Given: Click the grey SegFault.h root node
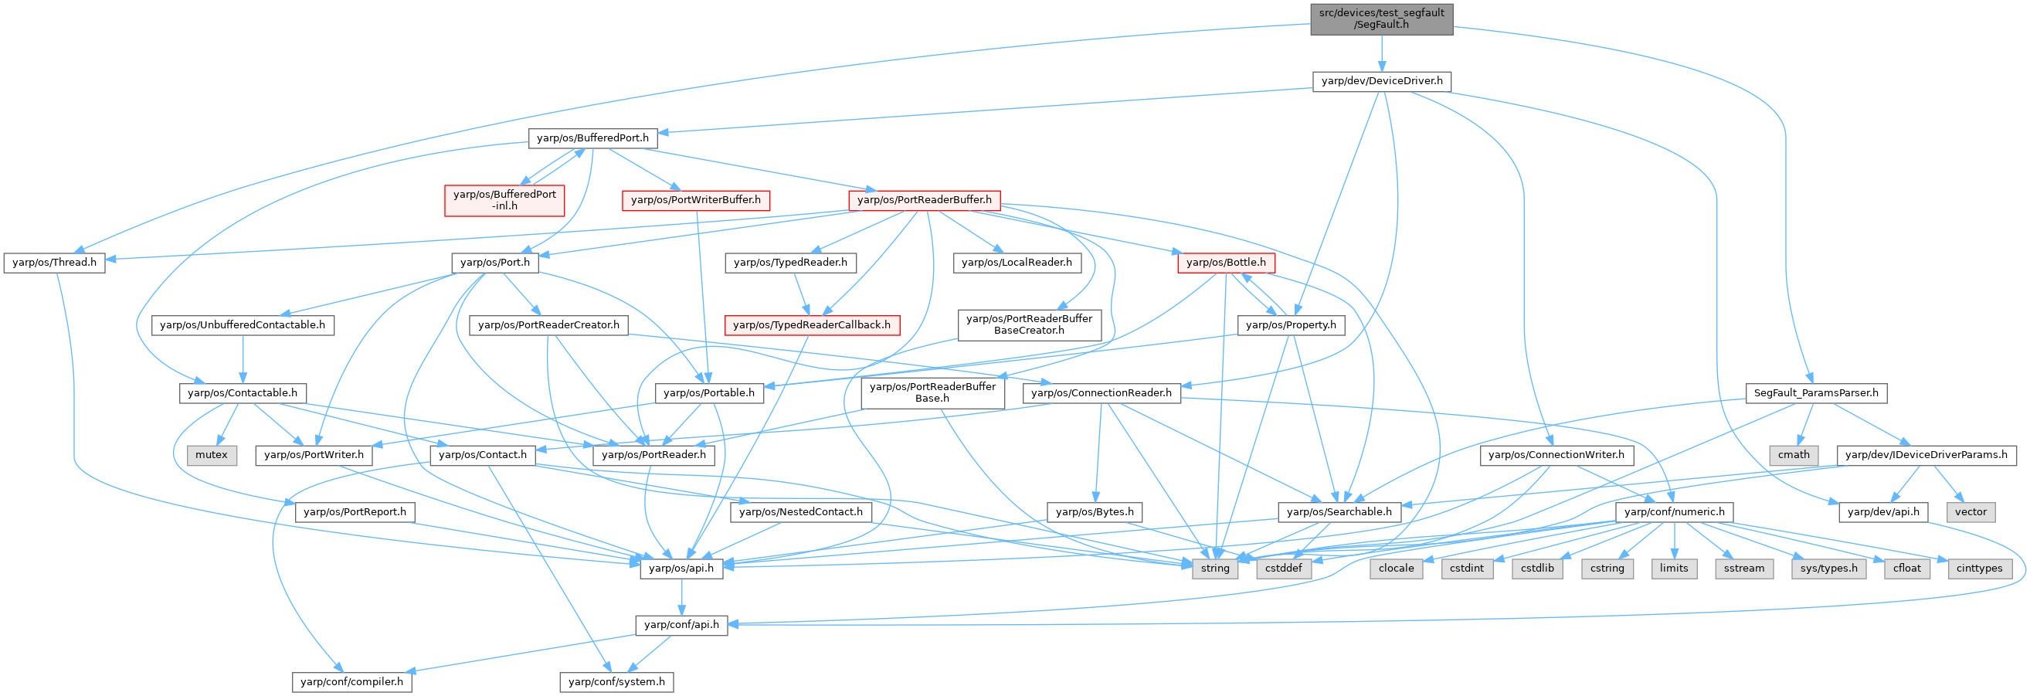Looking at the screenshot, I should [1380, 18].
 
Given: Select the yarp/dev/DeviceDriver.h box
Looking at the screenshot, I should [1381, 81].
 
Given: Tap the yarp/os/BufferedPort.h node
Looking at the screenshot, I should [592, 138].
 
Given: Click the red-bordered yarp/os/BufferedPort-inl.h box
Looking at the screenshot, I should [504, 199].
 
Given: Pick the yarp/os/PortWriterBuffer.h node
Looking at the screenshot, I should [696, 200].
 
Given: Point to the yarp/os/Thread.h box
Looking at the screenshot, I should [54, 263].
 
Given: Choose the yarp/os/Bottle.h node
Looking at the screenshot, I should [1225, 263].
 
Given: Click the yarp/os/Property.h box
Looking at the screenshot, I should [1291, 324].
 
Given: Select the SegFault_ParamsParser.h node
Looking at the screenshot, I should [1816, 392].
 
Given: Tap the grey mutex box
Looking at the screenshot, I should [211, 455].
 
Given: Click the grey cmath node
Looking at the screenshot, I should [1794, 455].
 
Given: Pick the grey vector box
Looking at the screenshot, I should [1970, 511].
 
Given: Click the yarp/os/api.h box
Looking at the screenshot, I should [681, 568].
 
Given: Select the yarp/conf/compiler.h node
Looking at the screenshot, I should [351, 682].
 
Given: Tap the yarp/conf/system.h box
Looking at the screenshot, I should [616, 682].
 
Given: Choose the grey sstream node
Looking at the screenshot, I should [1743, 568].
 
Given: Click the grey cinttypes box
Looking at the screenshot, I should [1979, 568].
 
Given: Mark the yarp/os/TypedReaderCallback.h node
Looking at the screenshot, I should [812, 324].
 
